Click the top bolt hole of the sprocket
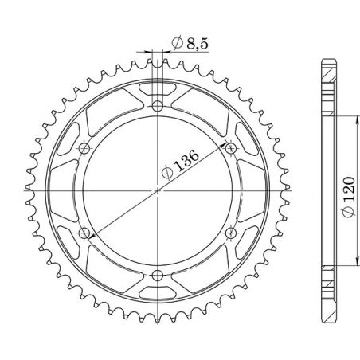[x=158, y=105]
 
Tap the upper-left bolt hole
[x=84, y=147]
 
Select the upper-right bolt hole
[x=231, y=147]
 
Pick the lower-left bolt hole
[x=84, y=233]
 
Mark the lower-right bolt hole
[x=231, y=233]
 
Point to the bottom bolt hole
[x=158, y=275]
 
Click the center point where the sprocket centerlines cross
[x=158, y=190]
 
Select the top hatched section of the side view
[x=327, y=80]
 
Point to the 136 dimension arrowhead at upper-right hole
[x=227, y=151]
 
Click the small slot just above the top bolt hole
[x=158, y=87]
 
